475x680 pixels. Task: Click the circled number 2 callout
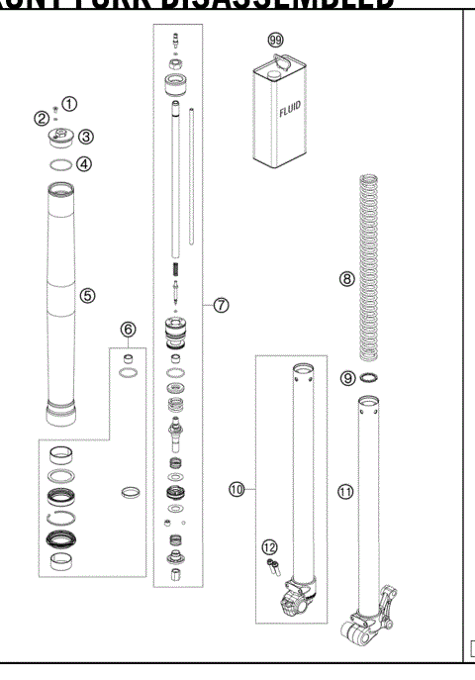point(43,119)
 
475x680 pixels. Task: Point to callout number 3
point(87,137)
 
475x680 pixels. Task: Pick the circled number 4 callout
point(84,164)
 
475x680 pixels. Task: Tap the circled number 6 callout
point(129,329)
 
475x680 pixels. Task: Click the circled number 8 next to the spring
point(346,279)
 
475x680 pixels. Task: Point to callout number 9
point(346,378)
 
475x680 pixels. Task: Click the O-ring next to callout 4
point(60,164)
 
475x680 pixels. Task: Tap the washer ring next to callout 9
point(371,379)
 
